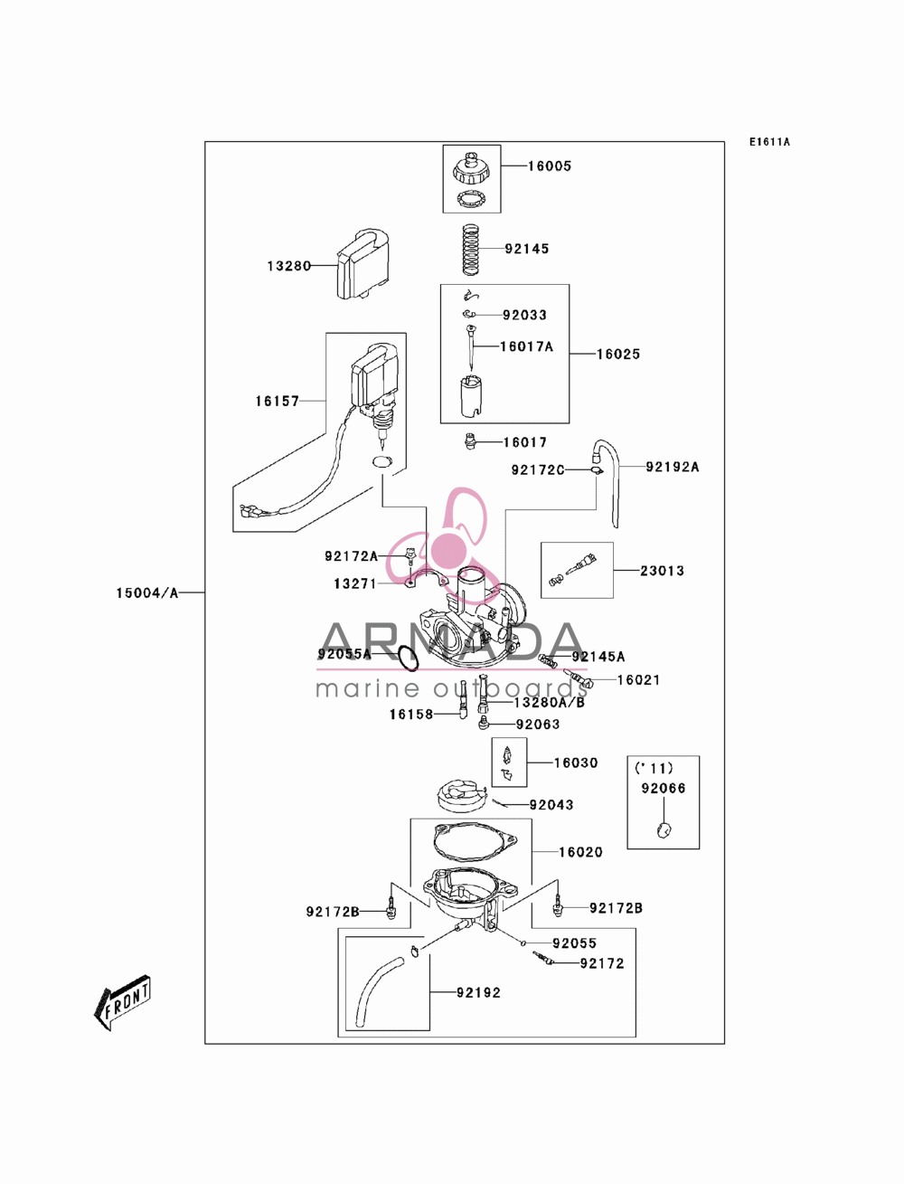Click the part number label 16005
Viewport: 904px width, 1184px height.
tap(549, 166)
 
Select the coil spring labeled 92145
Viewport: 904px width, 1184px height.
tap(472, 249)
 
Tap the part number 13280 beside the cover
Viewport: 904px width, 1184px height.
tap(289, 266)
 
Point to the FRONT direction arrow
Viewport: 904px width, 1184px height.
tap(122, 1002)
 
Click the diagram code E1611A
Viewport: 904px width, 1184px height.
tap(769, 142)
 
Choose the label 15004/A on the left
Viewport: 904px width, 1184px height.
tap(146, 592)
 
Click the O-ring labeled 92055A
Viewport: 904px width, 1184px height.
tap(409, 658)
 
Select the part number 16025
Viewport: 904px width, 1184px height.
tap(618, 355)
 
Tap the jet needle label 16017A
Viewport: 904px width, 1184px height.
tap(526, 346)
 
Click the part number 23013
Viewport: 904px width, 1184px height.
tap(662, 571)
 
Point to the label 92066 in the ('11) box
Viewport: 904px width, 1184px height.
tap(663, 789)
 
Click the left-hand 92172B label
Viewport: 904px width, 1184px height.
tap(332, 912)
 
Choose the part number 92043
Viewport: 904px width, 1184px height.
tap(551, 805)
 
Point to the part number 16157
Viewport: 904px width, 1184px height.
tap(277, 401)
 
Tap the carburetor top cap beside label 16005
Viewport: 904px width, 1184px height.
tap(472, 168)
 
